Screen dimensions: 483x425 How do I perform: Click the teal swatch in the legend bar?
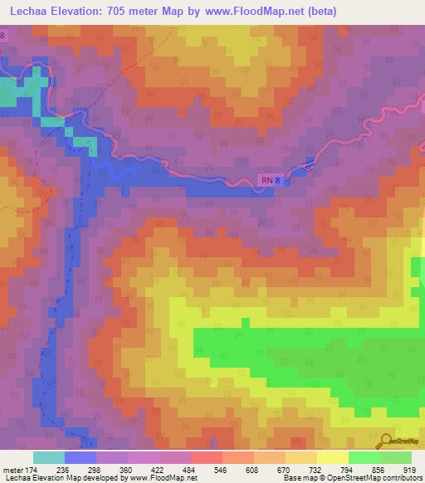click(49, 457)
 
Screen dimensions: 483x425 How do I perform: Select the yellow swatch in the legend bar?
click(332, 457)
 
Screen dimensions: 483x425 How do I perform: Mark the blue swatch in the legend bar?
click(81, 457)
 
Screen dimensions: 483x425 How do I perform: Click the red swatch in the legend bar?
click(206, 457)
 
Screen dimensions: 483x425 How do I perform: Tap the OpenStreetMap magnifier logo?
click(386, 441)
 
